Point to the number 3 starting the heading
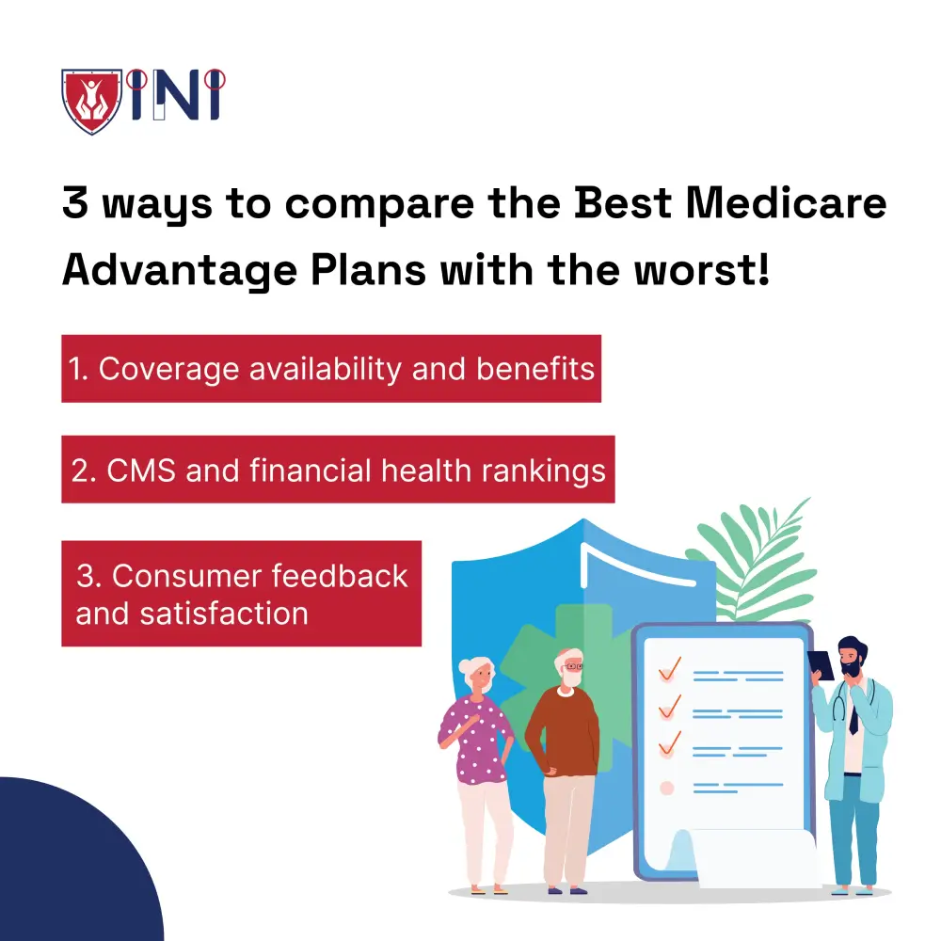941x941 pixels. [76, 204]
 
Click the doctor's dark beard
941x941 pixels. [851, 666]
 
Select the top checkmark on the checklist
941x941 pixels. [671, 669]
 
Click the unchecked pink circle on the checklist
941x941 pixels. [667, 787]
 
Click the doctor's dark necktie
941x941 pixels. [853, 717]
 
